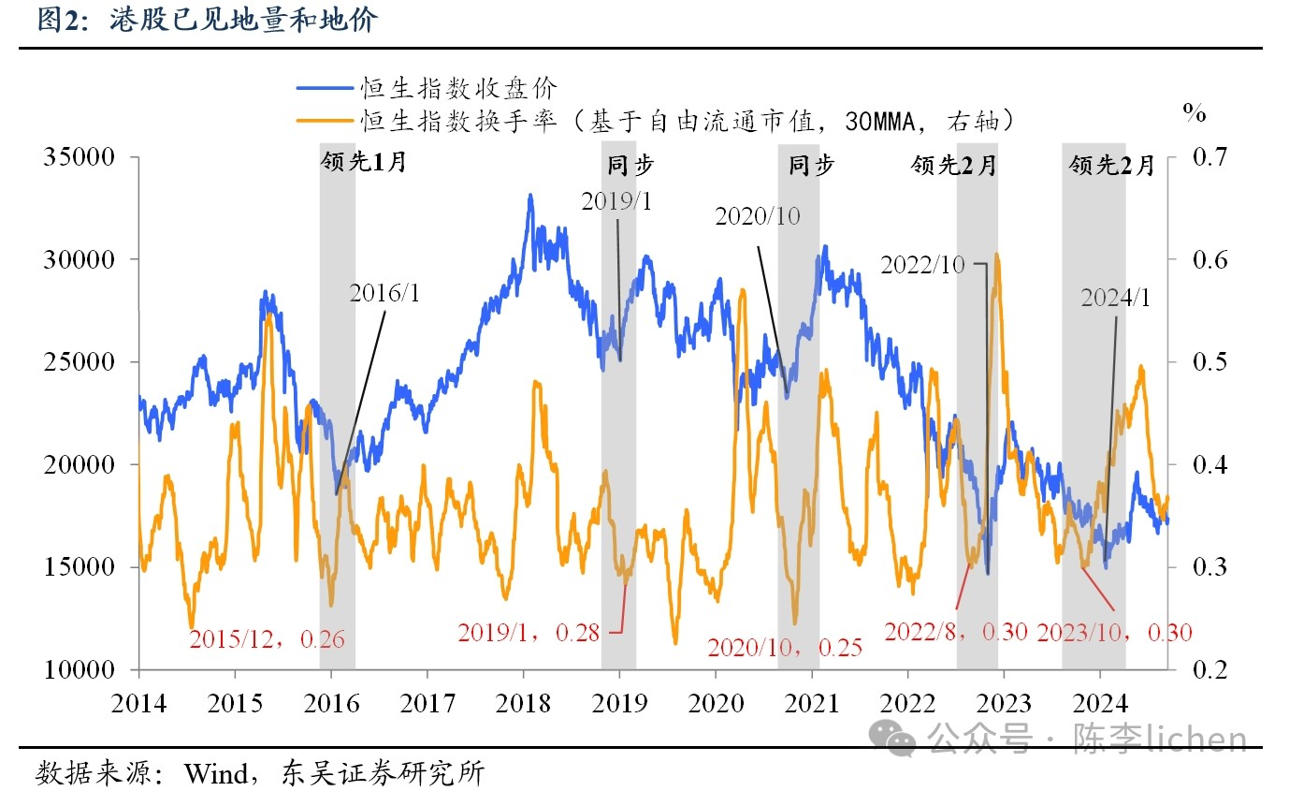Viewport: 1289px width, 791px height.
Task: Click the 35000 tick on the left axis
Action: pyautogui.click(x=79, y=157)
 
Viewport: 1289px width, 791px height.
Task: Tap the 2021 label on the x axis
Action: pyautogui.click(x=811, y=703)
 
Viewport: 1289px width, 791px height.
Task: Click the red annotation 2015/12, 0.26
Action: pyautogui.click(x=267, y=640)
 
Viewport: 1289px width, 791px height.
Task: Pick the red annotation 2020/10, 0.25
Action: pyautogui.click(x=784, y=647)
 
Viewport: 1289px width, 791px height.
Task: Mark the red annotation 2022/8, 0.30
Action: pyautogui.click(x=955, y=633)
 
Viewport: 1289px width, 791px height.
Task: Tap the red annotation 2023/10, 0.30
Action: pyautogui.click(x=1114, y=633)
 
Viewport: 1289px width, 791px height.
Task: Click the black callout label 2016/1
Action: pyautogui.click(x=385, y=293)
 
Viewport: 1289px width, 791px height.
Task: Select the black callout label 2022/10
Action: pyautogui.click(x=922, y=265)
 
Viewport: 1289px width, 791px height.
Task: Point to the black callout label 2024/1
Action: pyautogui.click(x=1115, y=299)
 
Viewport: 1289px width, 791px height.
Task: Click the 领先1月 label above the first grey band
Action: pyautogui.click(x=364, y=163)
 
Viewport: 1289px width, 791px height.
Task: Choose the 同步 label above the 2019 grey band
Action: pyautogui.click(x=630, y=166)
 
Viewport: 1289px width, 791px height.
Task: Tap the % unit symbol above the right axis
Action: pyautogui.click(x=1195, y=114)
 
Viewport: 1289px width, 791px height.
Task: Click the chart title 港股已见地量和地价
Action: pyautogui.click(x=242, y=20)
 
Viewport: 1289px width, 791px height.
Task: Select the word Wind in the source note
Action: pyautogui.click(x=216, y=774)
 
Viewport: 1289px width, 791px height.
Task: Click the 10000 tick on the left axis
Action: pyautogui.click(x=79, y=670)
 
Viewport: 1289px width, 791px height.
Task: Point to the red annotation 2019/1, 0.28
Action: pyautogui.click(x=529, y=633)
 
